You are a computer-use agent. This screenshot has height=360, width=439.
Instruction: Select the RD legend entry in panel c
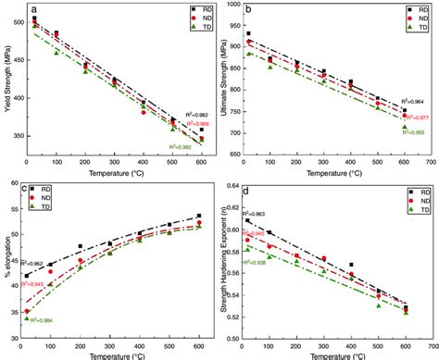pyautogui.click(x=53, y=191)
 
